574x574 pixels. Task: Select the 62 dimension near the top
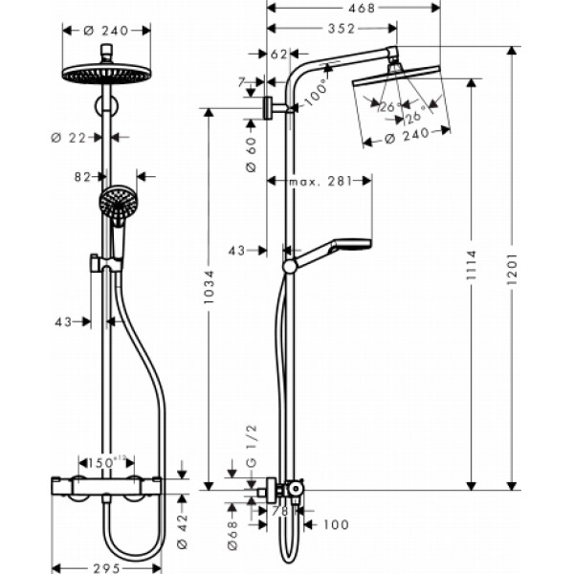(278, 55)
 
